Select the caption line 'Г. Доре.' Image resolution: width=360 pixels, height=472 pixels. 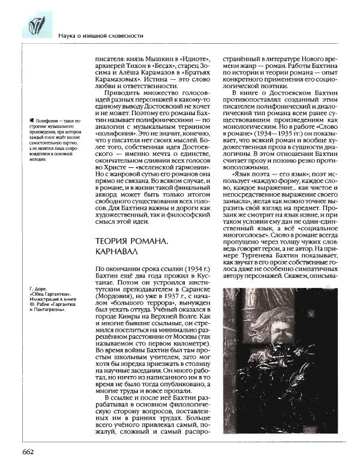pos(38,290)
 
